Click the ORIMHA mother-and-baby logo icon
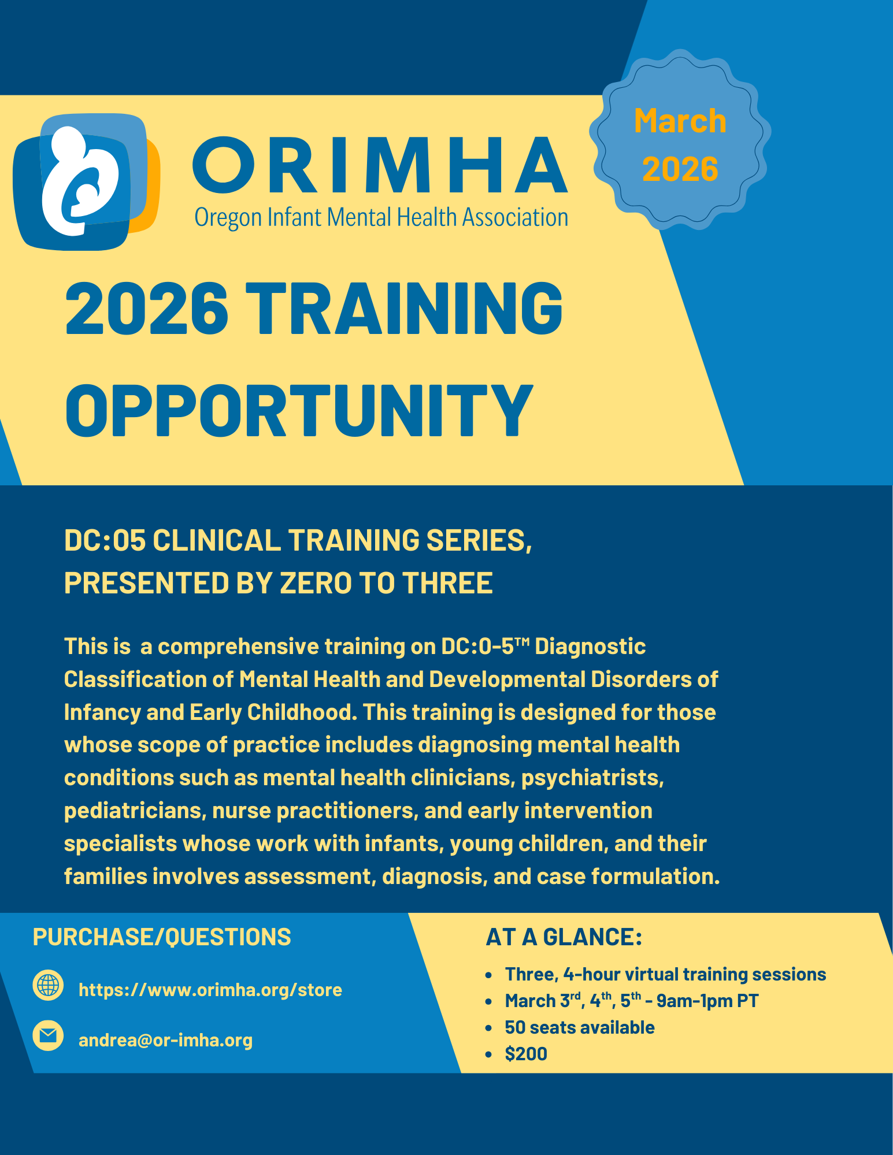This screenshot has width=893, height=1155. point(86,181)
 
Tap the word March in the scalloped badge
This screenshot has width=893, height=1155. point(680,121)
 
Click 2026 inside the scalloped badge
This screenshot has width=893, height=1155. point(680,169)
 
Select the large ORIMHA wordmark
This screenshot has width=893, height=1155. point(380,165)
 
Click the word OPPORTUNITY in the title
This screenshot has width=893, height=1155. point(299,410)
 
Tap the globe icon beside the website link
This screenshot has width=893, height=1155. point(48,985)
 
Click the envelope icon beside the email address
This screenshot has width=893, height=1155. point(48,1035)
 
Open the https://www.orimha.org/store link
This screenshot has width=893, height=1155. point(210,990)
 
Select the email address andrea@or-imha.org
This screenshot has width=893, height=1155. point(165,1040)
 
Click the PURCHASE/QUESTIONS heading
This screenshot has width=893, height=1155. point(162,937)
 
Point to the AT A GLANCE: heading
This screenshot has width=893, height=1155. point(564,937)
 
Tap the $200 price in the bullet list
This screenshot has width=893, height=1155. point(525,1054)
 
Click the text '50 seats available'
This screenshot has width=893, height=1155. point(579,1027)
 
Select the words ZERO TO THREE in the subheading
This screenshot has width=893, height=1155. point(386,583)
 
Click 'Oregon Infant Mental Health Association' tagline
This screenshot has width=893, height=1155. point(381,218)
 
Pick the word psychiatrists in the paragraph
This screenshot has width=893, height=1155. point(592,778)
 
